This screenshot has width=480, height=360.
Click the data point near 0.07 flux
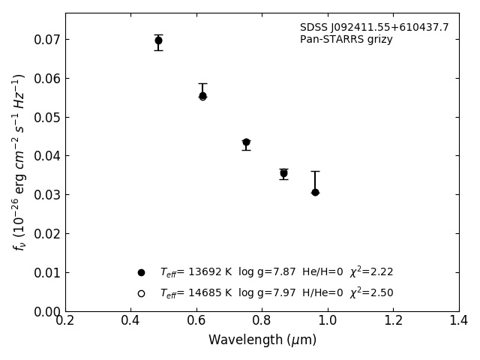click(x=158, y=40)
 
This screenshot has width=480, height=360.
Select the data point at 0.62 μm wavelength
click(x=202, y=96)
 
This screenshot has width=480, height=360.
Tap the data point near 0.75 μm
click(x=246, y=142)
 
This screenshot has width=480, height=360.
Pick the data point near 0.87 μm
click(x=283, y=173)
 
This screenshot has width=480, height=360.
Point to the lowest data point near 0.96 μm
click(x=315, y=192)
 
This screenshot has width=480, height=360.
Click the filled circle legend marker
click(x=141, y=272)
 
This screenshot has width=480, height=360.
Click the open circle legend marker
click(x=141, y=293)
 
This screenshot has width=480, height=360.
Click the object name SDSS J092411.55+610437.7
click(x=374, y=28)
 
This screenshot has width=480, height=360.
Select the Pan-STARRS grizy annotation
click(x=346, y=40)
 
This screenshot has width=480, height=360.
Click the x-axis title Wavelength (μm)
click(x=262, y=340)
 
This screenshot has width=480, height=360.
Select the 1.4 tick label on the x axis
click(x=458, y=321)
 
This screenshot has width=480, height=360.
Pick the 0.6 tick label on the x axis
click(x=196, y=321)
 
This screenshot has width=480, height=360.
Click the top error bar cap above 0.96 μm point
click(x=315, y=171)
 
